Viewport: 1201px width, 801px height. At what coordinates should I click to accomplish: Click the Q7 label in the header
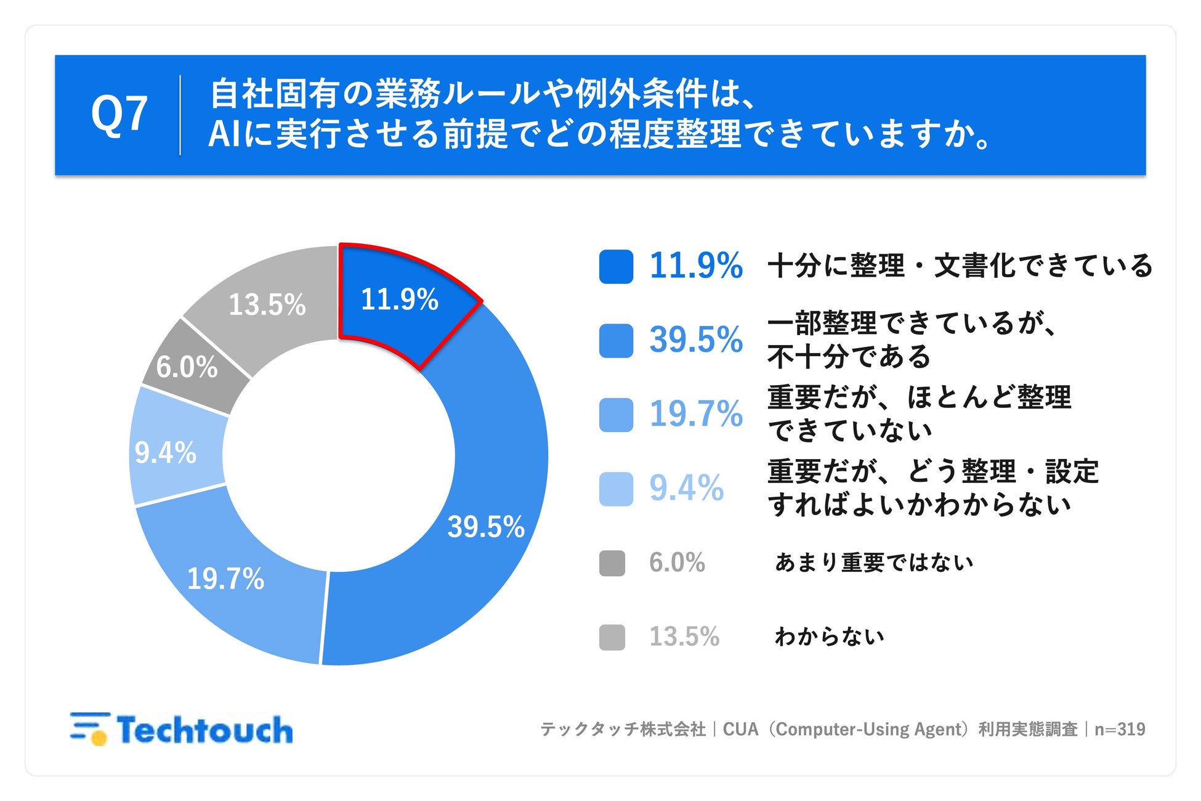119,115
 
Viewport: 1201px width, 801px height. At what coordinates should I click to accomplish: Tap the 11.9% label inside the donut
399,299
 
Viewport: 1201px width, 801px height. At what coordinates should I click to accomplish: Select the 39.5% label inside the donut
486,527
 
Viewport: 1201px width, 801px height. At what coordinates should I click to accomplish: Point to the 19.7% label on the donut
225,579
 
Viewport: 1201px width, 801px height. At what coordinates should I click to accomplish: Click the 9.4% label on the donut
166,453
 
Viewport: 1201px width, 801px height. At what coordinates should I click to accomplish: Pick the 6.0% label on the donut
187,367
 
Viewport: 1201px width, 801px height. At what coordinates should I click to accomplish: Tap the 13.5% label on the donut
267,304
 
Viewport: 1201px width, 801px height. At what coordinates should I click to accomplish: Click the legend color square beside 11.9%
616,267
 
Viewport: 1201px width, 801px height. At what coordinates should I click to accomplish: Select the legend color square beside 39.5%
616,341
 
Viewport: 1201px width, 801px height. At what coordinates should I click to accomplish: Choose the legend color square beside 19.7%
616,415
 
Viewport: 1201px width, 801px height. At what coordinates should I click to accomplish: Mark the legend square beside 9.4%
616,489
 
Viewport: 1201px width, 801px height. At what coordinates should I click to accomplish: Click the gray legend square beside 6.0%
612,563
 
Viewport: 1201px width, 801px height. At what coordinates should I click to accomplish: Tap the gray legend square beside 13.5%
612,637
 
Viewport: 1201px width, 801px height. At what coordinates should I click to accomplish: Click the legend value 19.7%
696,413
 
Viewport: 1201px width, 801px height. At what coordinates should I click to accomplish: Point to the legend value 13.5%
684,636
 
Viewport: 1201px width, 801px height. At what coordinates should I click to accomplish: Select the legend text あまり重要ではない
874,563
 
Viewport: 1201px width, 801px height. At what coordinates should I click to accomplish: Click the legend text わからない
829,636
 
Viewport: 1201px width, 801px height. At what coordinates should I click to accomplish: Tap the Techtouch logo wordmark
204,730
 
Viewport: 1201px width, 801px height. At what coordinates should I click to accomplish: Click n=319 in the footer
1120,730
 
